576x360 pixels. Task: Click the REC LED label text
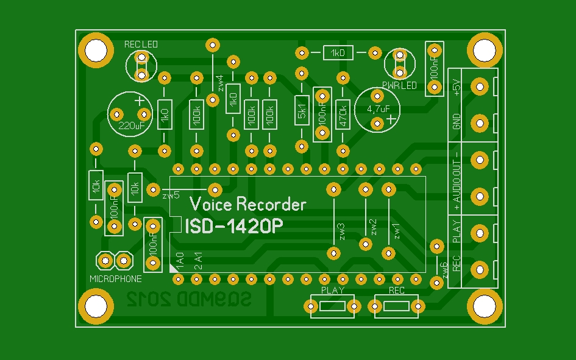click(141, 44)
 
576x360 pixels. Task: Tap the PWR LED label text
click(399, 86)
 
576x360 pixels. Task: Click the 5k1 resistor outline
click(301, 110)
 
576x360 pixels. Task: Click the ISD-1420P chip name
click(234, 226)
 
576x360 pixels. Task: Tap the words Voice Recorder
click(248, 203)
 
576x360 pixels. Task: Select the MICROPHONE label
click(115, 279)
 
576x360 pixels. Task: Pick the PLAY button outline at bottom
click(333, 306)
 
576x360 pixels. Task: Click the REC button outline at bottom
click(397, 306)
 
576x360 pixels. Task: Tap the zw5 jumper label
click(171, 196)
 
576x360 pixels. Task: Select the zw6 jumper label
click(445, 268)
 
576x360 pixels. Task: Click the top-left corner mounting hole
click(96, 49)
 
